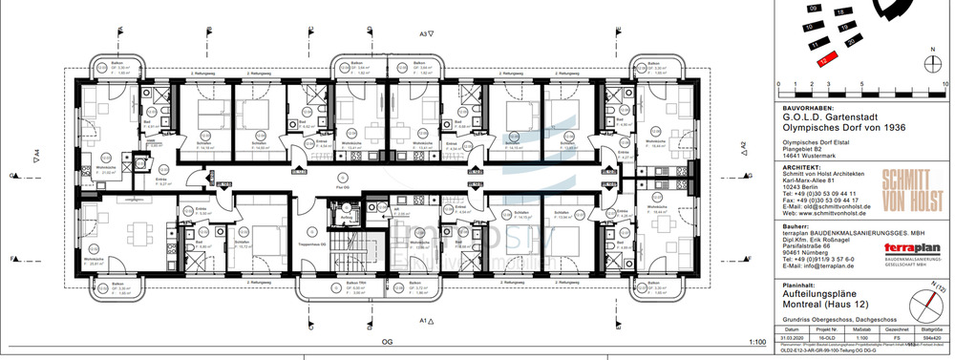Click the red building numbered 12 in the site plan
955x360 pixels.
821,59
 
